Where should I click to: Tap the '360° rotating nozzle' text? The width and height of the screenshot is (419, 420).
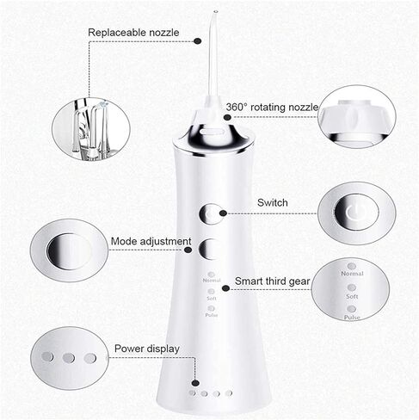(x=272, y=108)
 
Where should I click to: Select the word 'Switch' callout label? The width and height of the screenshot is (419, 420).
(x=273, y=203)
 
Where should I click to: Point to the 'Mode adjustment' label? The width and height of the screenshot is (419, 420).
(x=151, y=242)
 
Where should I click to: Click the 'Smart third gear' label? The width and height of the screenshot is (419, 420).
(x=274, y=281)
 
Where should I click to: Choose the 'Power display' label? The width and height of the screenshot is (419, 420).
(x=147, y=349)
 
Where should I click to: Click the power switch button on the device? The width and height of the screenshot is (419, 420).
(x=210, y=213)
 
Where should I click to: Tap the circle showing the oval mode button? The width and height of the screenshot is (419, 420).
(x=69, y=250)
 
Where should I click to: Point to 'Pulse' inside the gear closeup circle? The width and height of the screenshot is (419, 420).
(x=352, y=317)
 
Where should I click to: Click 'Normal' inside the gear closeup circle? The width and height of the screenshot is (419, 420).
(x=352, y=274)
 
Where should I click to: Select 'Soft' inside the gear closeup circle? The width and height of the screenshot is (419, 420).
(x=352, y=295)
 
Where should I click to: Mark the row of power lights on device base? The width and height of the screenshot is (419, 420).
(x=211, y=393)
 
